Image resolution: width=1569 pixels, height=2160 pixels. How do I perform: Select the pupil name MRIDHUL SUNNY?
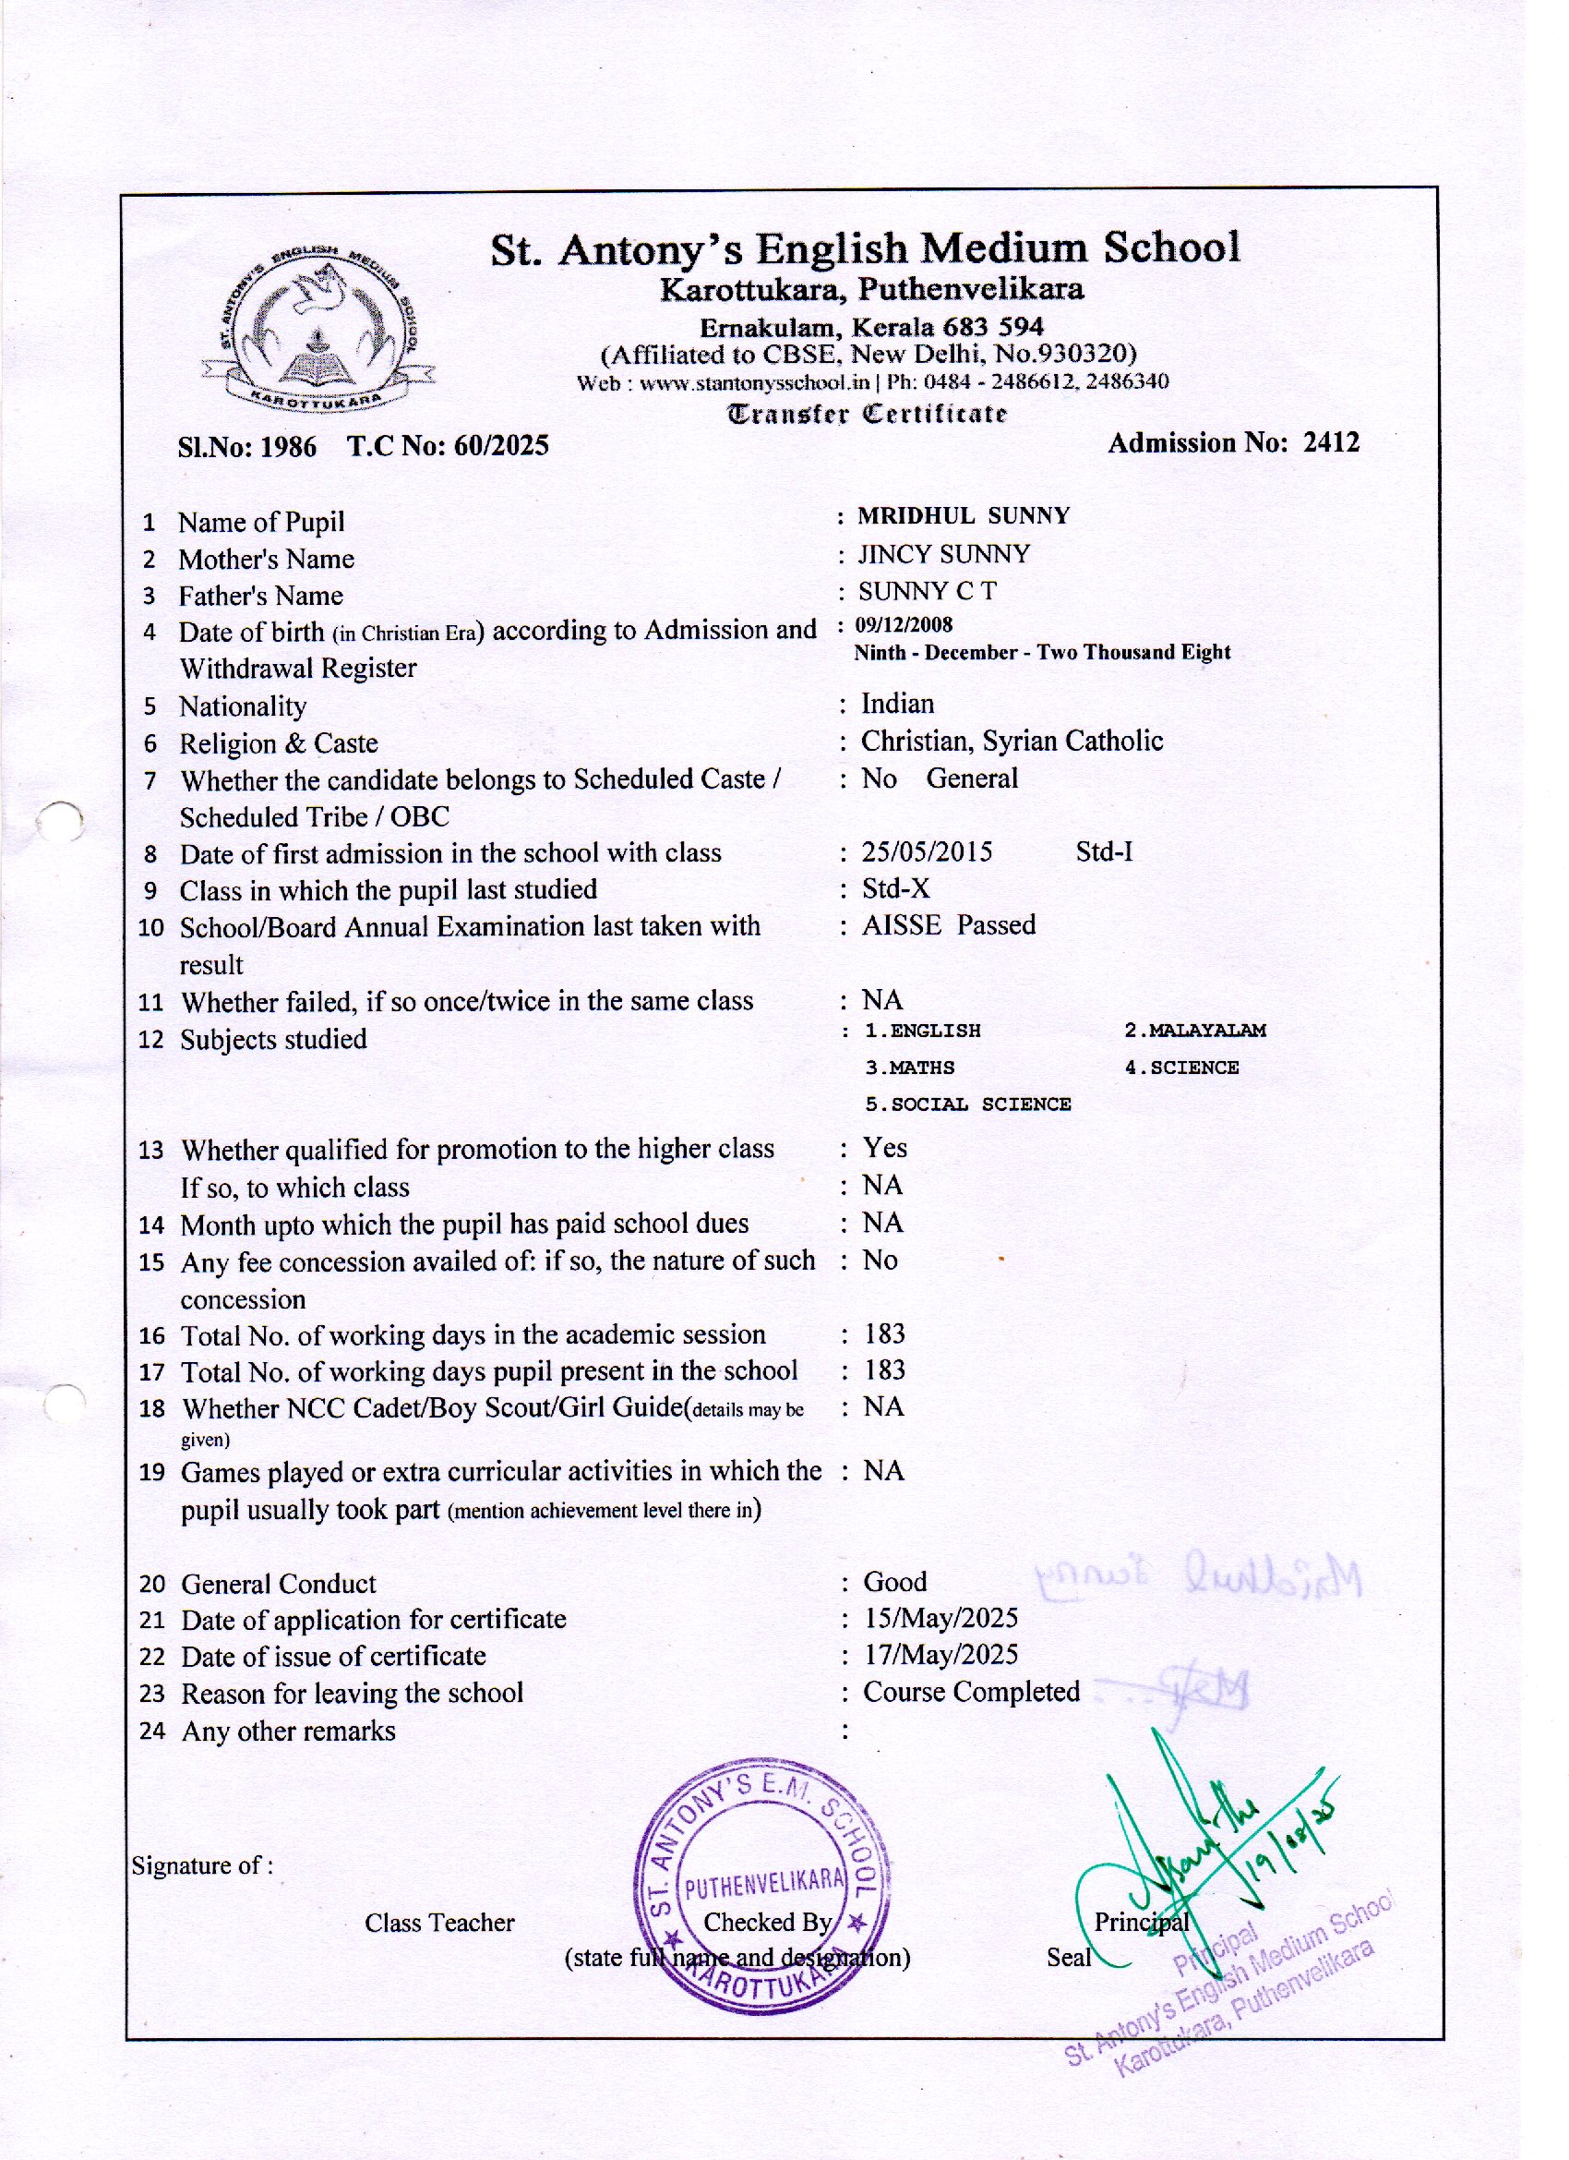click(964, 516)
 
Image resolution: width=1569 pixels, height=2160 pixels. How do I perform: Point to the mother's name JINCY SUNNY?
click(943, 554)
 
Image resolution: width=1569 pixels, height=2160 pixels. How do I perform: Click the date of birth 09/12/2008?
click(904, 625)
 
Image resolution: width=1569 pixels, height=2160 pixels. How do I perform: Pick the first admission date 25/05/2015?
click(927, 851)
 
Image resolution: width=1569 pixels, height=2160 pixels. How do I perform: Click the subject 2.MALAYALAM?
click(1195, 1031)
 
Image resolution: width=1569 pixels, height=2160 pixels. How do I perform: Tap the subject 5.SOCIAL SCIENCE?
click(967, 1104)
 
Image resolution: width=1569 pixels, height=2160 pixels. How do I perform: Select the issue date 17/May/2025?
click(940, 1655)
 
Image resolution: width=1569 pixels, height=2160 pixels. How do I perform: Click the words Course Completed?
click(971, 1693)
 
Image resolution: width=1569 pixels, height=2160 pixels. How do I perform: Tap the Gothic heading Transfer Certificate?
click(867, 415)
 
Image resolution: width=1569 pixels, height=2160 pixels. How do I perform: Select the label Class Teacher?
click(439, 1923)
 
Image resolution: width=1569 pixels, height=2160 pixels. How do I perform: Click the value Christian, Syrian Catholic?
click(1012, 741)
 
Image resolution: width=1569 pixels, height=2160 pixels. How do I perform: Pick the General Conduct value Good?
click(895, 1582)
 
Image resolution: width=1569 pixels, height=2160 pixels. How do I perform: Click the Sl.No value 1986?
click(289, 447)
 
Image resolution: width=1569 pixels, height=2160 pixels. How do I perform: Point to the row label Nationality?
click(243, 706)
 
